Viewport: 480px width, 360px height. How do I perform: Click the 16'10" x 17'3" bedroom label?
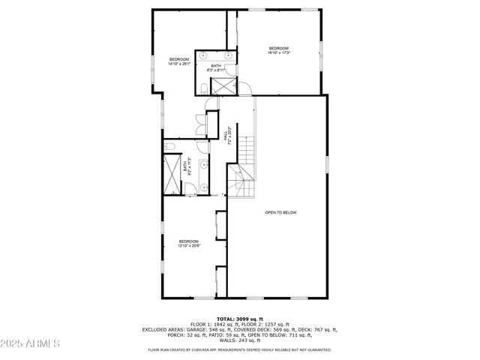point(279,50)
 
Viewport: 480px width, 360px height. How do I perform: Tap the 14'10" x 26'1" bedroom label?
point(179,61)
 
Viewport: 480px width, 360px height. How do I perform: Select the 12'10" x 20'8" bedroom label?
point(188,243)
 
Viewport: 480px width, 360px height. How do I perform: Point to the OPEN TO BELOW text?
point(280,212)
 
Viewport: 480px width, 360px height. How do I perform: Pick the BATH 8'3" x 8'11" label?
point(216,67)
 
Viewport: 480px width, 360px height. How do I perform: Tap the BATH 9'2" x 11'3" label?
point(187,166)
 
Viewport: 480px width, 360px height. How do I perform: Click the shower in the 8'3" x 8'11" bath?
point(223,85)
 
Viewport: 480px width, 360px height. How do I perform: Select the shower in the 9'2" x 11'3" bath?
point(172,174)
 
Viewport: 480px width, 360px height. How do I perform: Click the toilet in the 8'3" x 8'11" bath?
point(205,88)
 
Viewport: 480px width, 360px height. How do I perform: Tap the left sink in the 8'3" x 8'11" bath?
point(206,55)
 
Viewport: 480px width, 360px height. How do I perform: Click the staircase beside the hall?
point(244,169)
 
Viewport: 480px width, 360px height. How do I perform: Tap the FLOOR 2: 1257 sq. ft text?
point(268,324)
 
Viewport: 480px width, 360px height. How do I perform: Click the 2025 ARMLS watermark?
point(30,344)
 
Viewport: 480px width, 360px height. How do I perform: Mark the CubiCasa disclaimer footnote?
point(240,349)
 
